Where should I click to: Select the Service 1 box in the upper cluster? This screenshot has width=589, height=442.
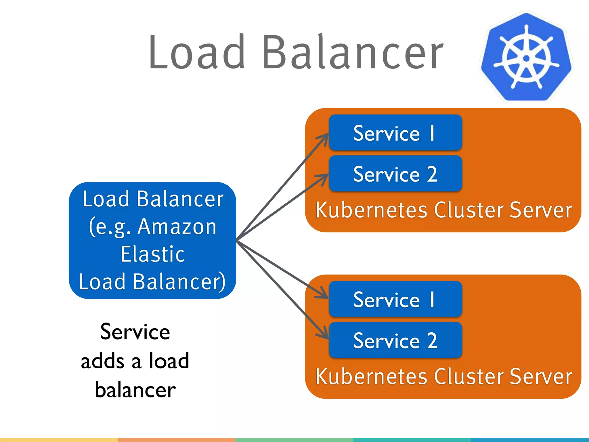395,133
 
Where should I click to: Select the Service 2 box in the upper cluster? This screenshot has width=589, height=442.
395,174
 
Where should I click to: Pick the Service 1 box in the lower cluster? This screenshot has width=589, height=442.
395,300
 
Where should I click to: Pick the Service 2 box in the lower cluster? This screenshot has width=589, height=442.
395,340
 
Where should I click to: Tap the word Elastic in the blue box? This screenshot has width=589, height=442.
152,254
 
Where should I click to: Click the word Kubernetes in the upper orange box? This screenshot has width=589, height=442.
372,210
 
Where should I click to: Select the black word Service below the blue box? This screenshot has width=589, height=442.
135,332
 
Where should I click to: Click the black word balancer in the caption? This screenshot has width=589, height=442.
135,390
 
